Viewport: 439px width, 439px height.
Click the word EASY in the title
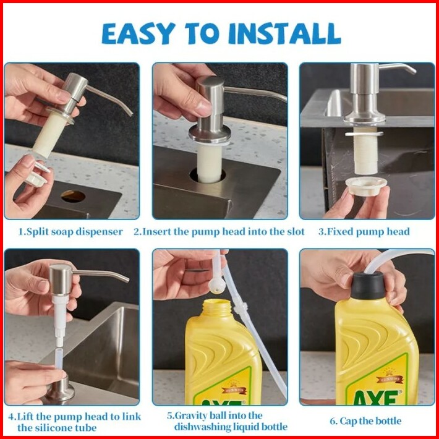click(x=139, y=33)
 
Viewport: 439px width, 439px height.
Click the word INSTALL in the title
click(x=285, y=33)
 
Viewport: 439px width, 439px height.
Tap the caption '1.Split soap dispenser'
click(x=70, y=232)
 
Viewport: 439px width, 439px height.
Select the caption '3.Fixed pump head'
click(x=364, y=232)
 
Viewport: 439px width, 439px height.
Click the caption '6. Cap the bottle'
click(x=365, y=421)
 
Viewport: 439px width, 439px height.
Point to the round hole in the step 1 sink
click(x=73, y=196)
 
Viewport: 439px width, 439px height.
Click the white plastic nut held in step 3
click(x=366, y=185)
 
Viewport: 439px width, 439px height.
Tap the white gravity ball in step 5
click(x=217, y=286)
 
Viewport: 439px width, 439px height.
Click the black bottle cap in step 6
click(x=368, y=285)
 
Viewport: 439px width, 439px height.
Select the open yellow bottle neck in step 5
click(x=218, y=308)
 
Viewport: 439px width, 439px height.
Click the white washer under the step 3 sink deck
click(x=364, y=134)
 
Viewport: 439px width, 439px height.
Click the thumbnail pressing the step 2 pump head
click(x=203, y=108)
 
